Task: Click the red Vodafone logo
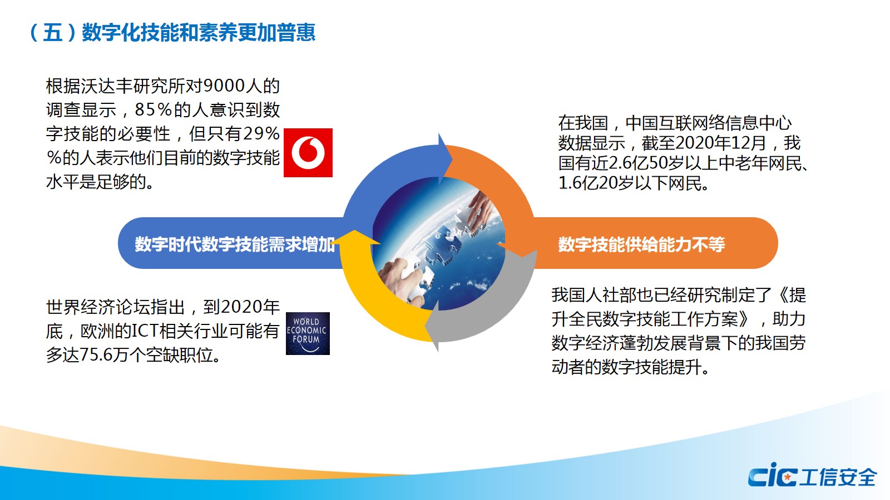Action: (x=308, y=153)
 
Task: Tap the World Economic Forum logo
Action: (x=308, y=333)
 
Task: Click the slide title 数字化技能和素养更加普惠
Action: (x=199, y=32)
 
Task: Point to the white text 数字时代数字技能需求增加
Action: (x=234, y=244)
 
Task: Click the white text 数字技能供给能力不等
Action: (x=641, y=244)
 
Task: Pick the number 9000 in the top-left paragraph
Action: (x=223, y=86)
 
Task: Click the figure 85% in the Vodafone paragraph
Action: (x=154, y=110)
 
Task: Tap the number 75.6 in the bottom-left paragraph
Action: (x=96, y=355)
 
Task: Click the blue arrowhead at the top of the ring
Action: (x=445, y=159)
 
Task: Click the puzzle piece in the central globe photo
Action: (x=445, y=243)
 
